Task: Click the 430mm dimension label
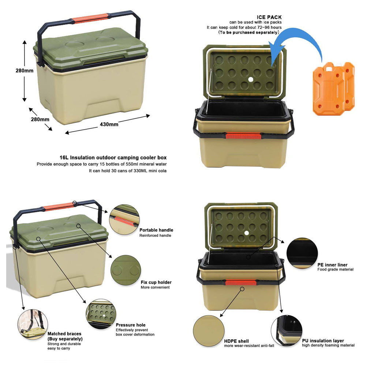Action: pyautogui.click(x=109, y=124)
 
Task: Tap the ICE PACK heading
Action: pyautogui.click(x=269, y=17)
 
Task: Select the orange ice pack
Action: pyautogui.click(x=333, y=89)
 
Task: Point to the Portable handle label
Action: pyautogui.click(x=156, y=230)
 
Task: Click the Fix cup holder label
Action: pyautogui.click(x=156, y=282)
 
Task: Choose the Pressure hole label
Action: pyautogui.click(x=131, y=325)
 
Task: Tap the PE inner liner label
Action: pyautogui.click(x=332, y=265)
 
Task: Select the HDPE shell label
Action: pyautogui.click(x=236, y=341)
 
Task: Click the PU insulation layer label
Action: pyautogui.click(x=323, y=340)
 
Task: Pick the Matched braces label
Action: pyautogui.click(x=64, y=334)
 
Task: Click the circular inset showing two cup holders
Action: pyautogui.click(x=126, y=270)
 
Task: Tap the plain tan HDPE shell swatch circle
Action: pyautogui.click(x=209, y=331)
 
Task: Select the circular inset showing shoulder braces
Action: pyautogui.click(x=33, y=324)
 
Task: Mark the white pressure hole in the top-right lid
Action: pyautogui.click(x=251, y=79)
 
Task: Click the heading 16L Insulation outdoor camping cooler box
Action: pyautogui.click(x=113, y=157)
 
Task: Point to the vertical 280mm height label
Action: pyautogui.click(x=25, y=71)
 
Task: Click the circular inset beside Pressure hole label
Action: pyautogui.click(x=101, y=314)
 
